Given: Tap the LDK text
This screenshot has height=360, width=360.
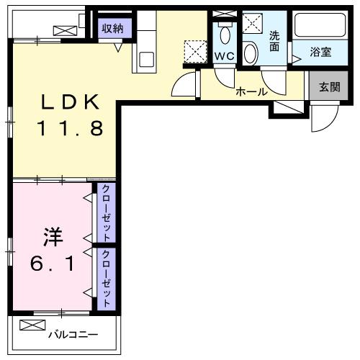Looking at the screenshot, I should [70, 102].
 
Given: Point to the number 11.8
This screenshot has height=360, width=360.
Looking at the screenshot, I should [70, 130].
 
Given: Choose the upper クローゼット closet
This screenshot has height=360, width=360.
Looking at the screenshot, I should [106, 213].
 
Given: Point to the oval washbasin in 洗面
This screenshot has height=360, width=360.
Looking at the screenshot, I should [250, 53].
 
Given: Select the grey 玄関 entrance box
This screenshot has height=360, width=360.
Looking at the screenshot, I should [328, 87].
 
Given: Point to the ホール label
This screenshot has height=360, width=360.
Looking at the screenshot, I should [252, 91].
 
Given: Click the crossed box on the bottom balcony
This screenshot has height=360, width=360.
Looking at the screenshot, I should [32, 325].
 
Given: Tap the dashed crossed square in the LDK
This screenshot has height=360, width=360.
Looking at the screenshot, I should [194, 50].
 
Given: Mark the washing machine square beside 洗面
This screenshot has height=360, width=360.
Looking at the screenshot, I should [253, 23].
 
